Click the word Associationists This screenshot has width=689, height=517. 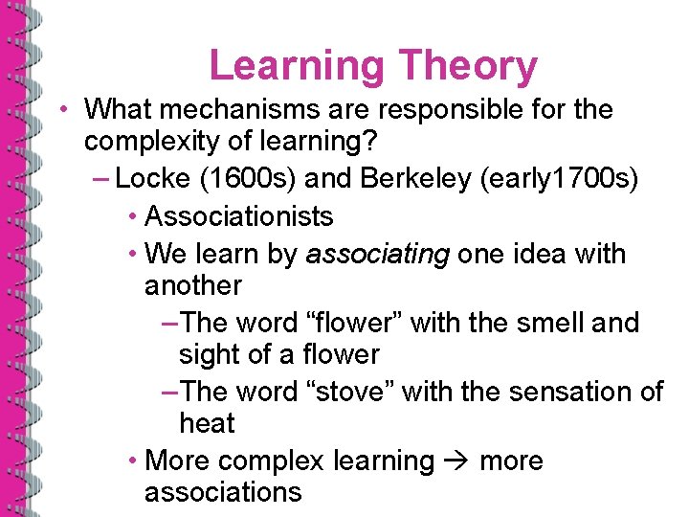238,216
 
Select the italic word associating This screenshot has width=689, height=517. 377,254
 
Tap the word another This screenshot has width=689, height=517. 192,285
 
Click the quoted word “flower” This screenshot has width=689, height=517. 357,323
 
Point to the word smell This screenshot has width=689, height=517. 544,323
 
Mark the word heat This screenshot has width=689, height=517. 207,423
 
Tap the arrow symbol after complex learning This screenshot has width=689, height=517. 456,461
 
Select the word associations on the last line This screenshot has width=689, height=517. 223,492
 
